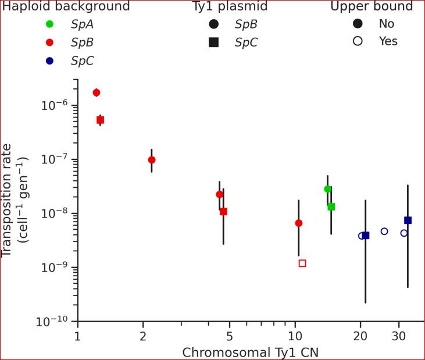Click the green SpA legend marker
point(49,24)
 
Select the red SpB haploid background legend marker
point(49,42)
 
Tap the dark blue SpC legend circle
point(49,60)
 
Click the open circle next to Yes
point(358,41)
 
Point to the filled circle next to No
point(358,24)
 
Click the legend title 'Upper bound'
point(371,7)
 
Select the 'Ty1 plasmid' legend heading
point(230,7)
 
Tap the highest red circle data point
point(97,92)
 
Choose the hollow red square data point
point(302,263)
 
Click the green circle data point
point(328,189)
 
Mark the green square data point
point(331,206)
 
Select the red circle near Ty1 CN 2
point(152,160)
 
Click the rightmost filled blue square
point(408,220)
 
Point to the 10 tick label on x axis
point(295,337)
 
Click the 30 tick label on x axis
point(399,337)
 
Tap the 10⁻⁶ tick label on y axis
point(55,105)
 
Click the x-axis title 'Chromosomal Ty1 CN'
point(250,352)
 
